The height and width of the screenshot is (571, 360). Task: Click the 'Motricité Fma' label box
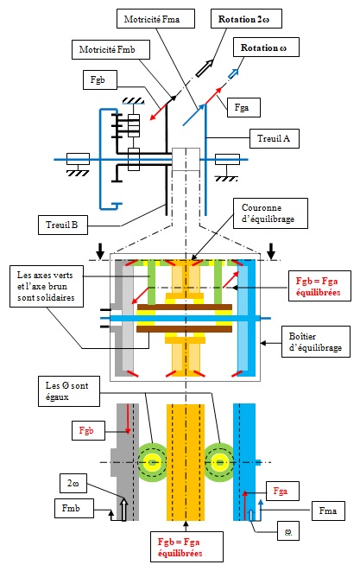click(155, 18)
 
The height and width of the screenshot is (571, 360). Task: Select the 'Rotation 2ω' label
click(246, 18)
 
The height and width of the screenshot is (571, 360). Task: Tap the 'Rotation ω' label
click(266, 47)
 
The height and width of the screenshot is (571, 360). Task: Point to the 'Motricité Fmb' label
click(110, 49)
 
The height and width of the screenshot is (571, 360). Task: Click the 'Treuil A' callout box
click(274, 138)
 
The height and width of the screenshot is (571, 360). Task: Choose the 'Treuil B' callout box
click(63, 225)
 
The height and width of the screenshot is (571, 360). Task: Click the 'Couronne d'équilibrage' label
click(270, 213)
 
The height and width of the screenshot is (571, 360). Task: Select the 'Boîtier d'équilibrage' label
click(316, 341)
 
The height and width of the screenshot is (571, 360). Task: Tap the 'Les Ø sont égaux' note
click(69, 391)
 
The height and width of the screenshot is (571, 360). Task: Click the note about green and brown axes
click(47, 286)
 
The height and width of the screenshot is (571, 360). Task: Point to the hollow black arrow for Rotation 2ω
click(205, 68)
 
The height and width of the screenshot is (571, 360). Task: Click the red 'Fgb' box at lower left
click(88, 430)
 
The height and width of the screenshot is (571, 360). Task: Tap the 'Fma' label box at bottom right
click(328, 511)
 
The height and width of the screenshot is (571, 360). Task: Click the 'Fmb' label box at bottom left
click(74, 508)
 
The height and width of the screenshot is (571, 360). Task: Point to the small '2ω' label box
click(73, 484)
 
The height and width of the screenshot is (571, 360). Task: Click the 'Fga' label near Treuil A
click(243, 107)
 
